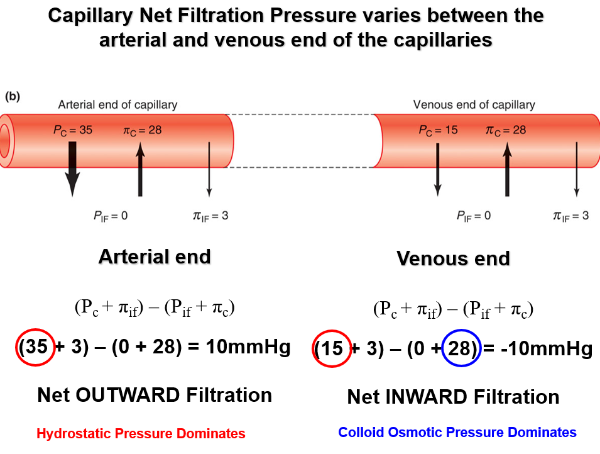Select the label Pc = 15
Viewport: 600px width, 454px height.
[438, 130]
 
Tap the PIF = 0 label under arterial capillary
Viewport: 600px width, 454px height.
[111, 216]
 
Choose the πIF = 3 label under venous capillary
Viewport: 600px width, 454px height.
[570, 216]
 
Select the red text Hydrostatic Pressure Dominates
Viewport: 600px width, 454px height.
[141, 433]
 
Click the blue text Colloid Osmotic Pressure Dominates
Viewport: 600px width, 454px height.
[457, 432]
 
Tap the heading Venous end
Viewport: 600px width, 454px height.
[453, 258]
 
